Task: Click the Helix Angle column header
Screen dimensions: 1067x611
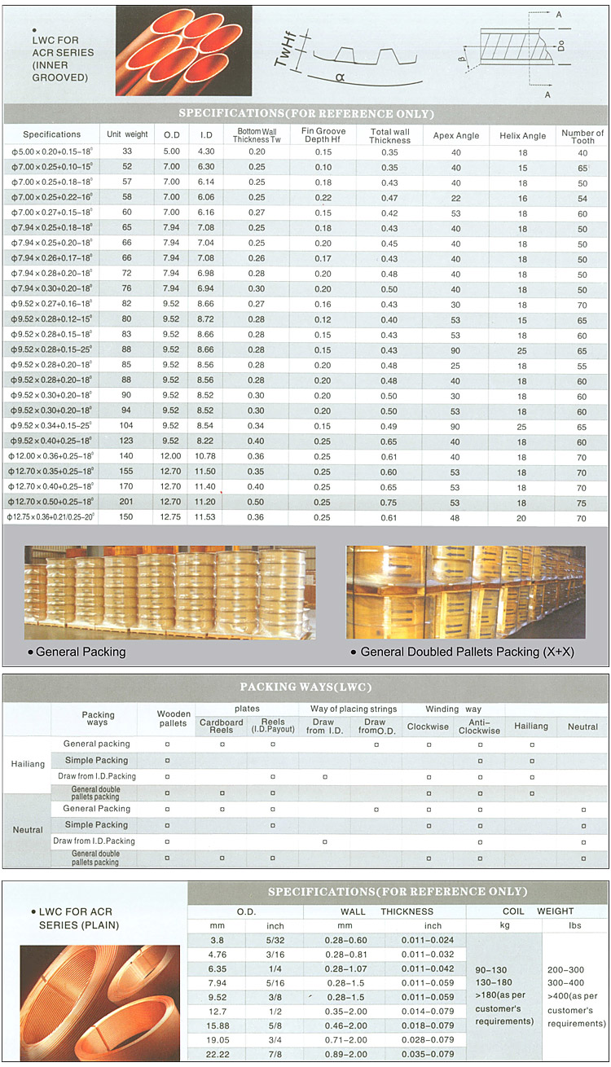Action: coord(522,135)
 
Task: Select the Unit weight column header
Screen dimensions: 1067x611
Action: coord(127,134)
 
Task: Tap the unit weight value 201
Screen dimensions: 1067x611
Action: coord(127,502)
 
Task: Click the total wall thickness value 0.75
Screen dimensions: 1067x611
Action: coord(389,502)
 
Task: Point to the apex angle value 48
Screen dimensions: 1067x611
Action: coord(455,517)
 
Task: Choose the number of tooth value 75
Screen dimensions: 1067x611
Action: coord(582,502)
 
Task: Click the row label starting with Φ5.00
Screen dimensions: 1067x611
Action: coord(51,151)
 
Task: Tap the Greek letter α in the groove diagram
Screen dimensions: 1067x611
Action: coord(337,77)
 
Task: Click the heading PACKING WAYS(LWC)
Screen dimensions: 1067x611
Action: coord(305,686)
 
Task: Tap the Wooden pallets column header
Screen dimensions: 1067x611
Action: coord(173,718)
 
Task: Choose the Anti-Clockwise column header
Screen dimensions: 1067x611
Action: coord(479,726)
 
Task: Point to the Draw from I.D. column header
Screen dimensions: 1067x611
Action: coord(323,726)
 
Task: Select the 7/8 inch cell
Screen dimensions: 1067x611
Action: coord(275,1053)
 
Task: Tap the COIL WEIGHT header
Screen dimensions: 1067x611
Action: coord(538,911)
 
